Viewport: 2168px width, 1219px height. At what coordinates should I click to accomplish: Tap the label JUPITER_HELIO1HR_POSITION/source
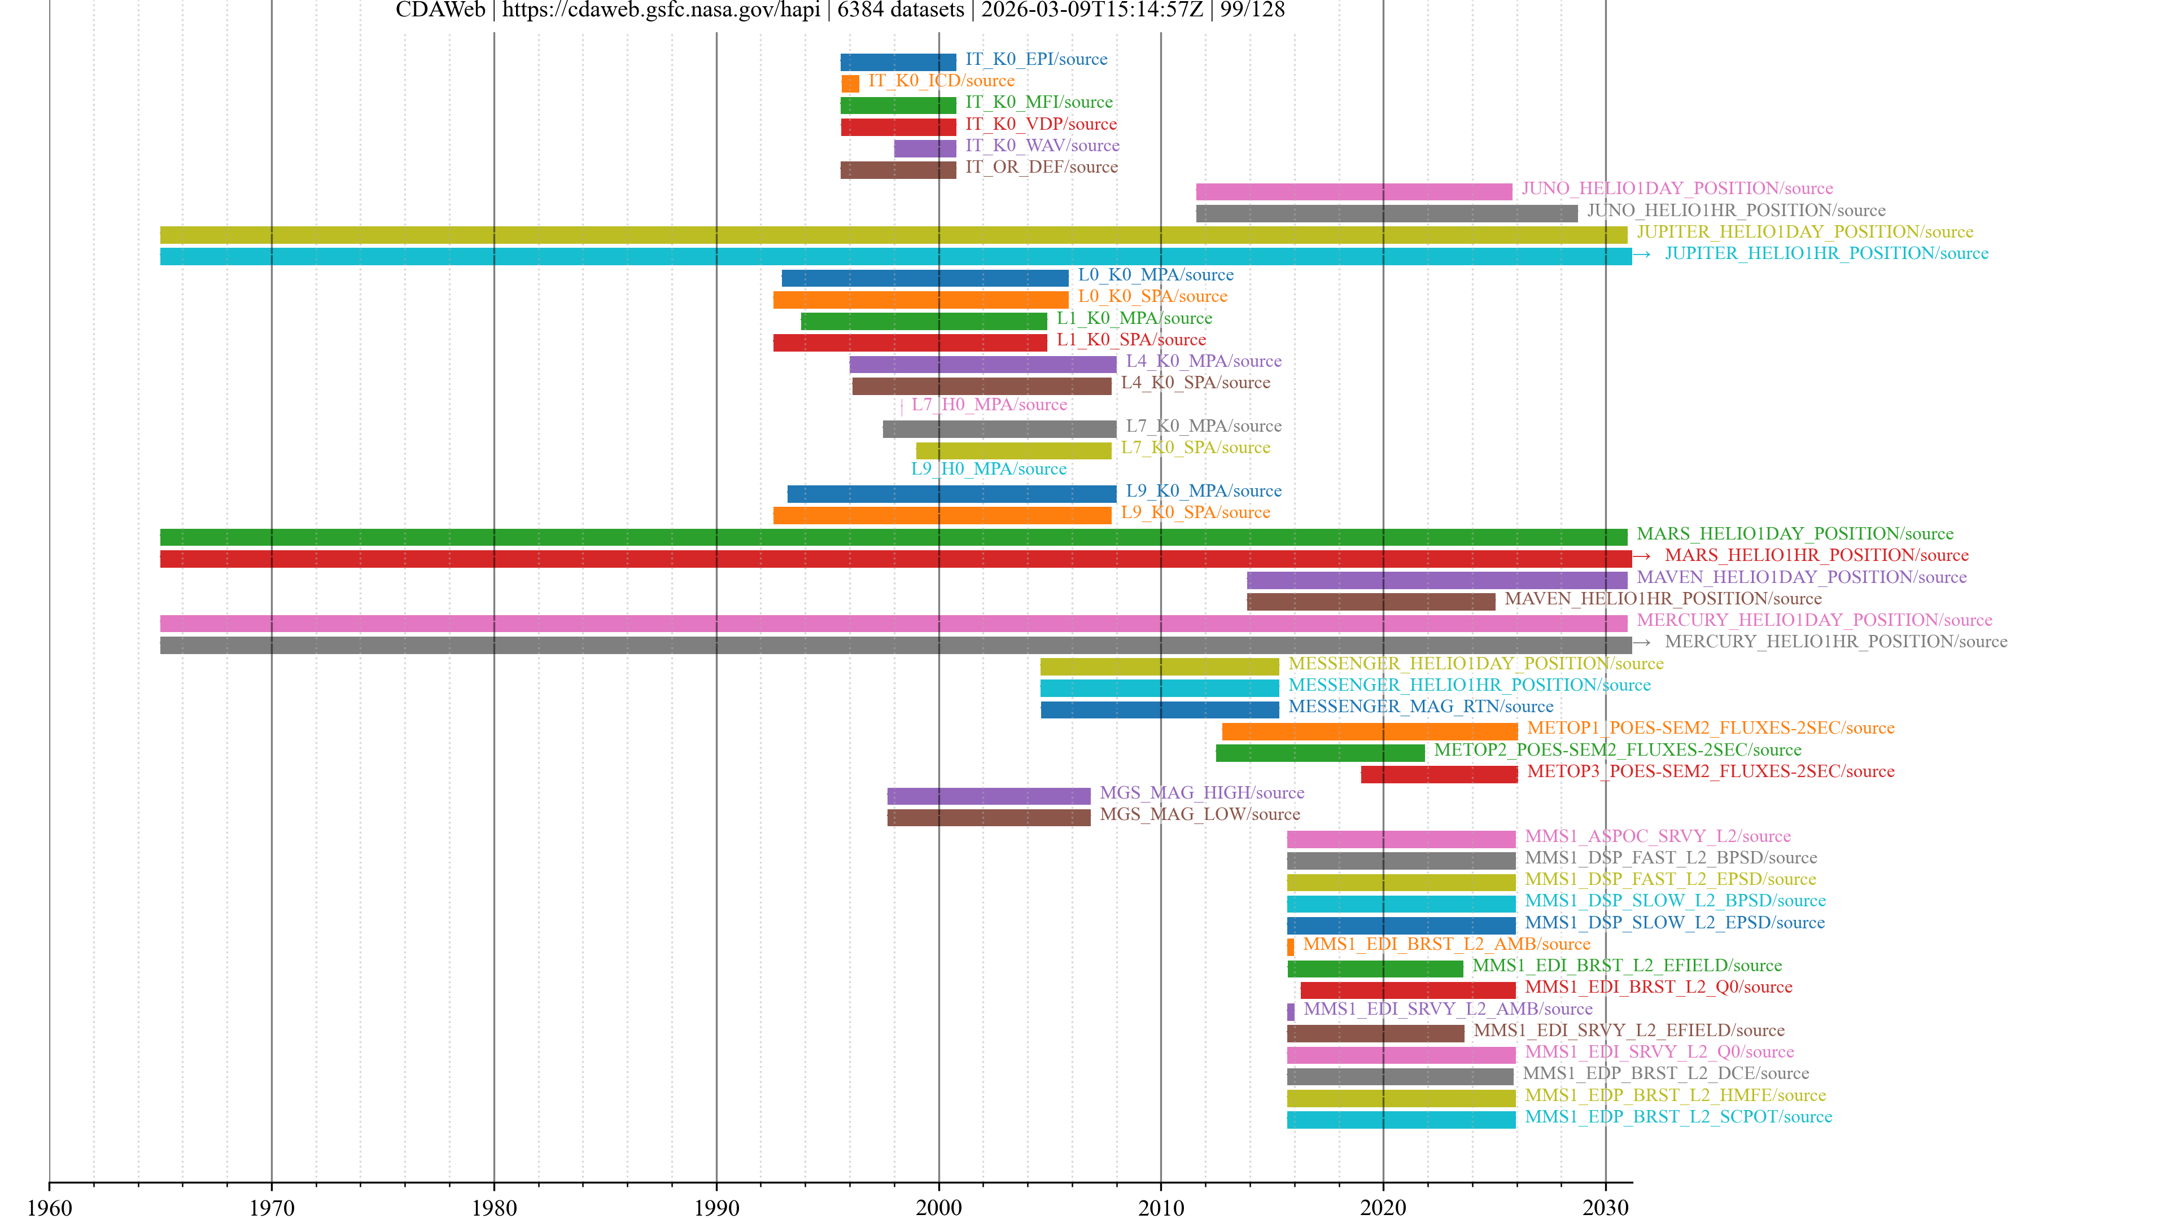[x=1826, y=254]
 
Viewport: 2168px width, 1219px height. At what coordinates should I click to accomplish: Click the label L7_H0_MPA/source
[x=989, y=405]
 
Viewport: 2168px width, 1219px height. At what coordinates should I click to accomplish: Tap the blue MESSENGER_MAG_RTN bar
[x=1160, y=709]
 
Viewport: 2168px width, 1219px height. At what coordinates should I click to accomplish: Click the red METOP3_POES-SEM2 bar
[x=1439, y=774]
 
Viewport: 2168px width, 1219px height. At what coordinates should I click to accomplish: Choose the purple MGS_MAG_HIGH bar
[x=989, y=796]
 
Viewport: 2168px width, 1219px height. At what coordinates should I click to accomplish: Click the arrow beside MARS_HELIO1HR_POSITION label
[x=1641, y=556]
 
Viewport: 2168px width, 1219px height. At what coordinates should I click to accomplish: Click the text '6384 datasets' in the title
[x=901, y=10]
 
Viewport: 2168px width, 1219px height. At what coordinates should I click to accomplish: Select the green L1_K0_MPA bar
[x=924, y=321]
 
